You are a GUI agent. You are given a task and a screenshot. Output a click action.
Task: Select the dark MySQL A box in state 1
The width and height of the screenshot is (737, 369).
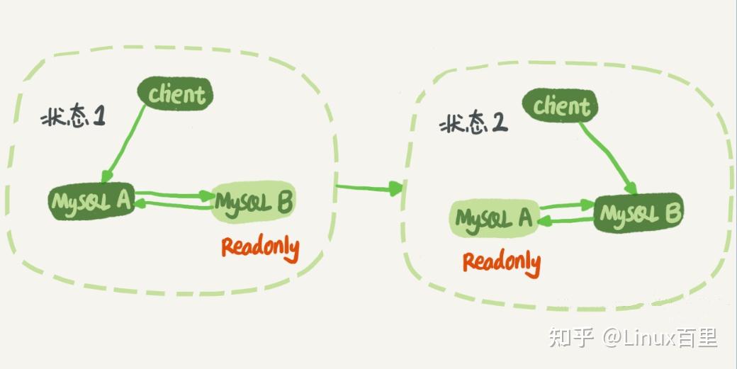tap(91, 202)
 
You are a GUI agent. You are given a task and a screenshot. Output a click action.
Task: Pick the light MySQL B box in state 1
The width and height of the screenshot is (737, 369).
tap(253, 204)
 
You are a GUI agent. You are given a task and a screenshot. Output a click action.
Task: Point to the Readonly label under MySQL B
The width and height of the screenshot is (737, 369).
tap(260, 249)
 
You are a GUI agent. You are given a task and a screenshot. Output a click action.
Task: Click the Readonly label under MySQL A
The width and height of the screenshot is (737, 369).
tap(501, 261)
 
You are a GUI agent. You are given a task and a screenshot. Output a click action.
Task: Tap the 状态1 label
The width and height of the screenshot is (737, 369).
tap(72, 117)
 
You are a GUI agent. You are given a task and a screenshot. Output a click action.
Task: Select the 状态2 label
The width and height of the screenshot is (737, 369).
tap(473, 126)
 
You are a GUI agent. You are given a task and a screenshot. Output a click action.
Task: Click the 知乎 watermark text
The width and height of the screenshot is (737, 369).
tap(570, 337)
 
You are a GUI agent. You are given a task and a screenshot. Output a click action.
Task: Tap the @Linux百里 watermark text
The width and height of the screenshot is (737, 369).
tap(660, 337)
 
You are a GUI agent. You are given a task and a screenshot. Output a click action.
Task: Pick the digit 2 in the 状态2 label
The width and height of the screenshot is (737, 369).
tap(500, 125)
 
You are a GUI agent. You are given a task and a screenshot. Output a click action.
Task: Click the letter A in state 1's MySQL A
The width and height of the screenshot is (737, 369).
tap(123, 201)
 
